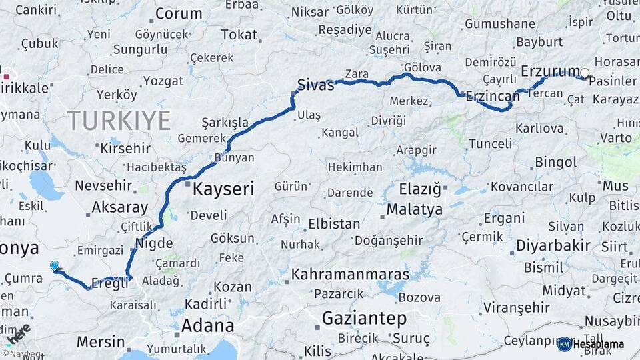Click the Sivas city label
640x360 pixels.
(315, 85)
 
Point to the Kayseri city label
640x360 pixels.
(223, 189)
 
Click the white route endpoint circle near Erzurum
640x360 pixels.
(585, 73)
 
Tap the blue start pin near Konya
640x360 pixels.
(55, 266)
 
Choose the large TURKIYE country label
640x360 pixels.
(119, 121)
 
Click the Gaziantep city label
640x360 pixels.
(364, 319)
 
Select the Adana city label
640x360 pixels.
(208, 326)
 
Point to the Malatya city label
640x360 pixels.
(414, 209)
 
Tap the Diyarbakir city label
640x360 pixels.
(553, 246)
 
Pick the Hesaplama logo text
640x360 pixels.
(599, 345)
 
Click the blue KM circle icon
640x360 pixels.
(564, 345)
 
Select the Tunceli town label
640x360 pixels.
(490, 143)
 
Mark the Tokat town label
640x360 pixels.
(239, 35)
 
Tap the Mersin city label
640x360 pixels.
(101, 342)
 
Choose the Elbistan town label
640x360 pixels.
(333, 224)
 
